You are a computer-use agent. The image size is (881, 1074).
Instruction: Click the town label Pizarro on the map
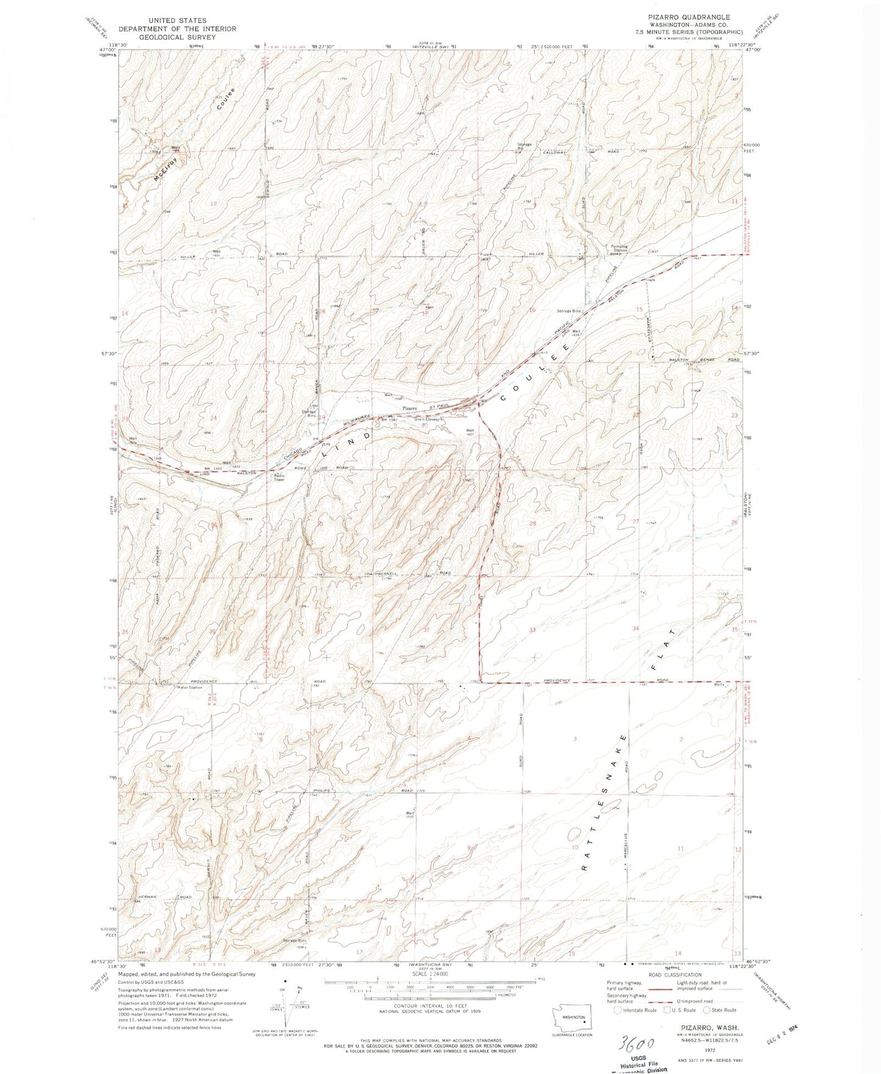(408, 407)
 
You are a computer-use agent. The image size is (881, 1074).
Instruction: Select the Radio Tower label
(279, 477)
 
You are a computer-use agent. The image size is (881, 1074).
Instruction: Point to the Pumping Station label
(619, 248)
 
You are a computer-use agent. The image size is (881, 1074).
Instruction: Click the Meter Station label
(189, 687)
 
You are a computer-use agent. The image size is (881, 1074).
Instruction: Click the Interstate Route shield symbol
(619, 1010)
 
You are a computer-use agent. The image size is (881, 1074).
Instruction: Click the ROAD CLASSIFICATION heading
(675, 975)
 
